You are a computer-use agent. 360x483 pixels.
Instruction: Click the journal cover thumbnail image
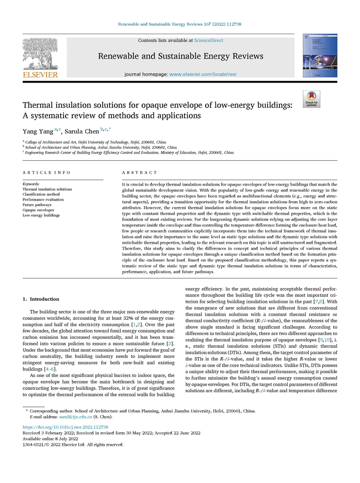[x=319, y=55]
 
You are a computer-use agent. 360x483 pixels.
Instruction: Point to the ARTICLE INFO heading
[x=47, y=172]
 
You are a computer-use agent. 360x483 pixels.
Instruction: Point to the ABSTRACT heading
[x=140, y=172]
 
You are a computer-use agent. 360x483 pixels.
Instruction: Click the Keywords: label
[x=31, y=184]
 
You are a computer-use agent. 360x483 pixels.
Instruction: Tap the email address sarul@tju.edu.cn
[x=76, y=417]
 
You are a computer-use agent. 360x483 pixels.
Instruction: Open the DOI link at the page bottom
[x=65, y=427]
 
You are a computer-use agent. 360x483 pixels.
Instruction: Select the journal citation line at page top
[x=180, y=24]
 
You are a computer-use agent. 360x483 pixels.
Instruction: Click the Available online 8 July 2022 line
[x=50, y=439]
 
